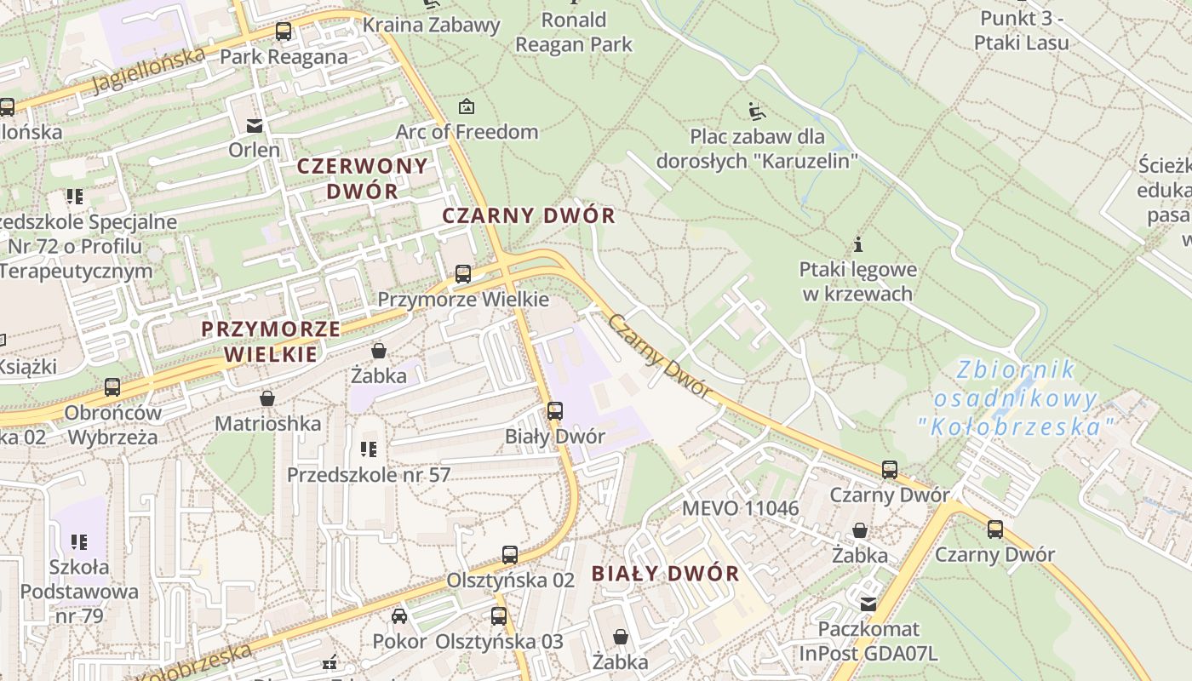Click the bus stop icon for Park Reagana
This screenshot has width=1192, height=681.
[284, 31]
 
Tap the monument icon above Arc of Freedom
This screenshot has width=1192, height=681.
[467, 106]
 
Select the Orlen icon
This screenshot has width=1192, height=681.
[254, 126]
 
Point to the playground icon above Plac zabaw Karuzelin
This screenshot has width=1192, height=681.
[756, 111]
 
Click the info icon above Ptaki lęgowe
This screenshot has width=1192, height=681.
[858, 244]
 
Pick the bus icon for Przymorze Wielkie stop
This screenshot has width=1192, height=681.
[463, 274]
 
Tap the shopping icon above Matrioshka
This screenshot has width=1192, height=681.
[267, 398]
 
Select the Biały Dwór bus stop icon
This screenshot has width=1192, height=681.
[555, 411]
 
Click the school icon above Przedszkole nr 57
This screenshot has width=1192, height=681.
[369, 449]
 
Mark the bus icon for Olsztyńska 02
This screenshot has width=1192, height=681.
[510, 555]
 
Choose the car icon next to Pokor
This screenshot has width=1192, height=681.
[399, 615]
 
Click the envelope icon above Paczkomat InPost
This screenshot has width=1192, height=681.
[868, 604]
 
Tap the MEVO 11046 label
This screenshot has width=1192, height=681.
[741, 509]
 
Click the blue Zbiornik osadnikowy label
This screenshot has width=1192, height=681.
[1015, 398]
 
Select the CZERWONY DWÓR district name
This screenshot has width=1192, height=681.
[362, 178]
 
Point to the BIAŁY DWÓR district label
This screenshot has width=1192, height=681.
[666, 574]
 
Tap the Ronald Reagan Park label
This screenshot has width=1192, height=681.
[574, 31]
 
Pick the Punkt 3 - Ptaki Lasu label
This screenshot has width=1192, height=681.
[1022, 30]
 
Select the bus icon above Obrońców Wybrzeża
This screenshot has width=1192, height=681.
[112, 387]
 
